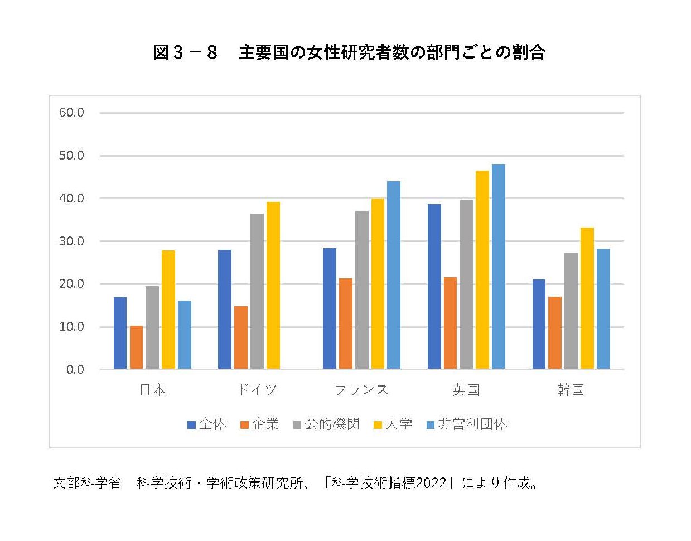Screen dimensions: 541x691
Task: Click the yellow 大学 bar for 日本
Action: (168, 310)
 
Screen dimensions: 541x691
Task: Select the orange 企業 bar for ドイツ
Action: (241, 337)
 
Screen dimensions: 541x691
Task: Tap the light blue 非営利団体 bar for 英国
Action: (498, 267)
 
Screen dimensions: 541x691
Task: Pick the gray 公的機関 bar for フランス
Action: (362, 290)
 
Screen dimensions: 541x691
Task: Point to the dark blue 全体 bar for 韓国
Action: (539, 324)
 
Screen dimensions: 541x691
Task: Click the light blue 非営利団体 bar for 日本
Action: (185, 335)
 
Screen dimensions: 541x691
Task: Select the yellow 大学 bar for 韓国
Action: (587, 298)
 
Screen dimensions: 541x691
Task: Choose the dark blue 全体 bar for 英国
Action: (434, 287)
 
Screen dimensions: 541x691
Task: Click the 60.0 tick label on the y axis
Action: (71, 113)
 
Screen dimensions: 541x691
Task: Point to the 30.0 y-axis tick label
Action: (71, 241)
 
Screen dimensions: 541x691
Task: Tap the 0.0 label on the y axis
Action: (75, 370)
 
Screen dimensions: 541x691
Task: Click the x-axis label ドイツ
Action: (257, 390)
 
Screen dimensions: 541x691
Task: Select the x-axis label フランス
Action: (361, 390)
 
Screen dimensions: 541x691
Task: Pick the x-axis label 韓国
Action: (571, 390)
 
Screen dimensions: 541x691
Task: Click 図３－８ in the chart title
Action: (185, 53)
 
